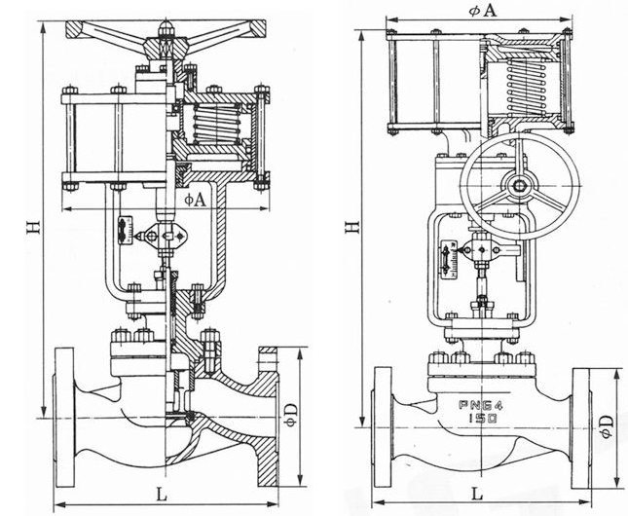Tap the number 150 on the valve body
(x=482, y=416)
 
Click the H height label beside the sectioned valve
(x=32, y=227)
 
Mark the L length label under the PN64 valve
(x=477, y=495)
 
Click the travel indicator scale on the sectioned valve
(x=124, y=229)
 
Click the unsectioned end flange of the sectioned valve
(x=64, y=409)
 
